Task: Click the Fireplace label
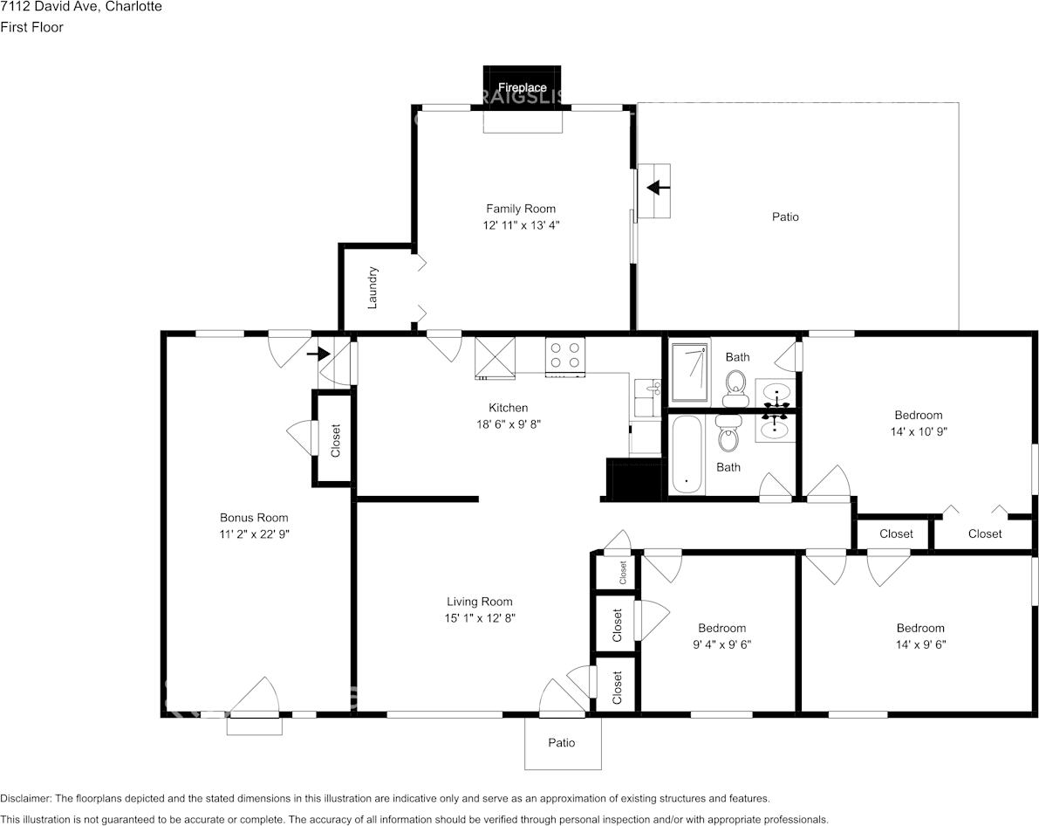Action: (x=523, y=87)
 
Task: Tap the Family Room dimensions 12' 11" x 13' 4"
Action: (x=521, y=225)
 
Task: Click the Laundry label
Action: (x=373, y=288)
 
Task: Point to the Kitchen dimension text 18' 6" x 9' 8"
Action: (x=509, y=424)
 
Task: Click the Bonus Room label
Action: (x=254, y=518)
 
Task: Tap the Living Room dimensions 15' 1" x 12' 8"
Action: (x=480, y=618)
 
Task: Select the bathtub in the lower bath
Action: (x=687, y=454)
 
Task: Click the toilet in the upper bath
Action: (x=735, y=388)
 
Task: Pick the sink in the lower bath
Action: (x=774, y=429)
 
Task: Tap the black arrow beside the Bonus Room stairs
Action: (x=318, y=354)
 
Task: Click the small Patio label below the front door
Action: (x=561, y=742)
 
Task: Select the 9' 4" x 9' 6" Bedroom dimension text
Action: (x=722, y=644)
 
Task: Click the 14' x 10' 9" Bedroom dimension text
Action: (x=919, y=431)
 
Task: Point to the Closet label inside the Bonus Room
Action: (x=335, y=441)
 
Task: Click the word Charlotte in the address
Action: (x=133, y=7)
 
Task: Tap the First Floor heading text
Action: (x=31, y=27)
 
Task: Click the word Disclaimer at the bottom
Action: (x=25, y=799)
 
